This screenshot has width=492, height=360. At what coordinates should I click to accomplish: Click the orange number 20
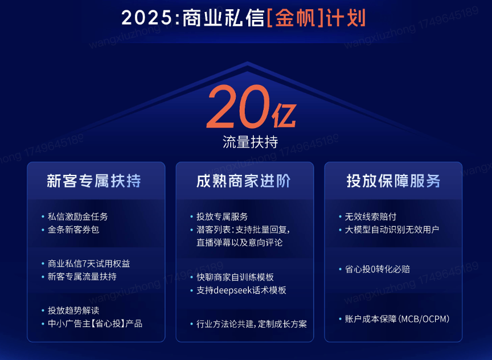coord(238,107)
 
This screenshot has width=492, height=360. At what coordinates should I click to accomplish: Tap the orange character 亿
coord(284,115)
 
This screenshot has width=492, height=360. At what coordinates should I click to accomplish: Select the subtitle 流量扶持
coord(250,142)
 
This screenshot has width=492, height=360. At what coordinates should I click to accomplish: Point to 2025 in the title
coord(147,18)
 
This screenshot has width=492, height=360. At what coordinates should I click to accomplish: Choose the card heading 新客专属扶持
coord(94,181)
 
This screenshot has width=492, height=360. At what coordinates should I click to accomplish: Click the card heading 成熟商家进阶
coord(244,181)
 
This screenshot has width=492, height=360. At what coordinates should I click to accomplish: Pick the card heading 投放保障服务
coord(393,181)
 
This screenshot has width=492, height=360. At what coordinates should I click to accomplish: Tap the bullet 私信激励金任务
coord(77,216)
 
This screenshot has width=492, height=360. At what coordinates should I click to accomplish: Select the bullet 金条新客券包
coord(73,230)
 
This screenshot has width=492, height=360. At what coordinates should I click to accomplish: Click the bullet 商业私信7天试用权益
coord(89,263)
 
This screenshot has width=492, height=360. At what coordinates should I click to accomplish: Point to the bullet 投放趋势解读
coord(73,310)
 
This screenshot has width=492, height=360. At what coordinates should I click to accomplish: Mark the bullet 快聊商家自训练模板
coord(235,277)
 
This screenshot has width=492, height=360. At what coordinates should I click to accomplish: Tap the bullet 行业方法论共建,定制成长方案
coord(252,324)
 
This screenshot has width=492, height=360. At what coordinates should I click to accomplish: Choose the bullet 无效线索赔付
coord(371,216)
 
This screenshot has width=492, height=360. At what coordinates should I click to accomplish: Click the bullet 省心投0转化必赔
coord(378,269)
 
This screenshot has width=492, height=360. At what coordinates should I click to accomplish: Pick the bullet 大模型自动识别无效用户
coord(392,230)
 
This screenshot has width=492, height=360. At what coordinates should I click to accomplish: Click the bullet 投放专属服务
coord(222,216)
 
